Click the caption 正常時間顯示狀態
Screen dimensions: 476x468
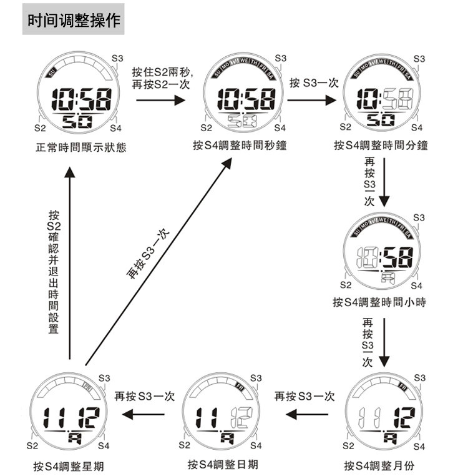81,148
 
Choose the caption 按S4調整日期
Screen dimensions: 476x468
223,465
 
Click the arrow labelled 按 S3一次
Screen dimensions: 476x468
312,97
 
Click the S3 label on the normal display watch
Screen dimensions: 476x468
117,58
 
